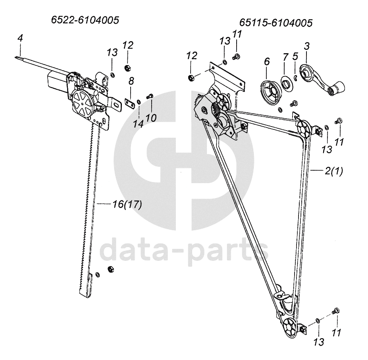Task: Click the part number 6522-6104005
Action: (85, 20)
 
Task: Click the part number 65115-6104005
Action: (276, 23)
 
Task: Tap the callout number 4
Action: (20, 39)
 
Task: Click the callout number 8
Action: (131, 81)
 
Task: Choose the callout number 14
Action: (138, 123)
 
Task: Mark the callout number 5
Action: (295, 56)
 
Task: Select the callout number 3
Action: (306, 46)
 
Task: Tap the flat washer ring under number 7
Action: (285, 84)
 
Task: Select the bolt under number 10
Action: (150, 96)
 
